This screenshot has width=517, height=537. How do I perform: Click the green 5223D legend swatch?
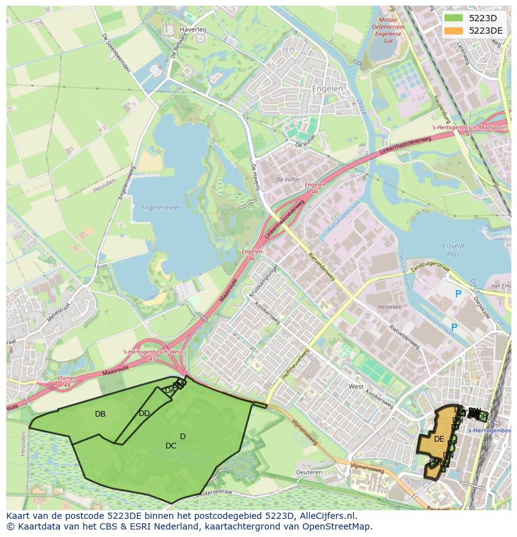454,18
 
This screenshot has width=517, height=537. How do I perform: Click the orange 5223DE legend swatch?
454,31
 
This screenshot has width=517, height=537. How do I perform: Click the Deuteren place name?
309,472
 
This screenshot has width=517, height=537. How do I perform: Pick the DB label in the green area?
100,414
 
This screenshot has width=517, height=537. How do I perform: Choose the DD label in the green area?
144,414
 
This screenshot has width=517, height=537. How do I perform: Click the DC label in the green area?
170,446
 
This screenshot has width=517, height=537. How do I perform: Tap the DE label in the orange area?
439,439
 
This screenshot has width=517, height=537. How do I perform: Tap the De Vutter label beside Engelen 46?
288,179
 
